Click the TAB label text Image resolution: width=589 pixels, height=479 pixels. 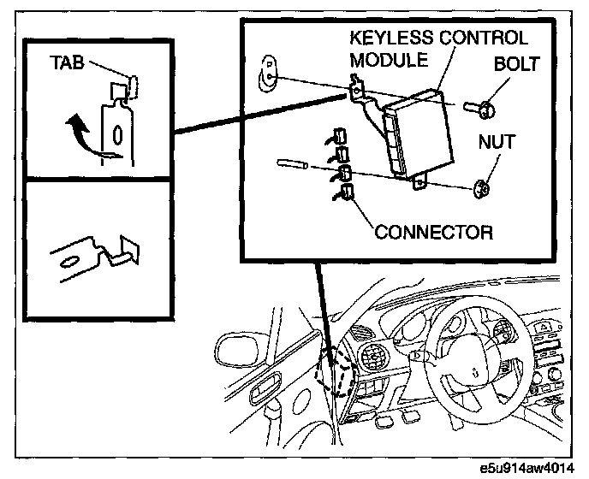coord(67,62)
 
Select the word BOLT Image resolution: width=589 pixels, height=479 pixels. coord(516,64)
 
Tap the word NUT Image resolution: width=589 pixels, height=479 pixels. coord(497,142)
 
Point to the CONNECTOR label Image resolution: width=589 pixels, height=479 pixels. coord(434,233)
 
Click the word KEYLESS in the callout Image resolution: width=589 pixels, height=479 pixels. coord(391,38)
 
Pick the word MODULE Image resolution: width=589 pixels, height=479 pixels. coord(389,60)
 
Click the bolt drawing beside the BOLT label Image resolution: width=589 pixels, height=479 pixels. coord(479,109)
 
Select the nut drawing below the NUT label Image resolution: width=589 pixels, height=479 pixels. coord(481,189)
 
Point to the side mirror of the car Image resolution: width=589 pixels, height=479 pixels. coord(240,350)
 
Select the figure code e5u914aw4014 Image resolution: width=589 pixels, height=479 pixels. coord(527,469)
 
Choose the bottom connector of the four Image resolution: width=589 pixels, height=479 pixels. coord(346,192)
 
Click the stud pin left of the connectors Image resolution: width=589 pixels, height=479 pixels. coord(293,164)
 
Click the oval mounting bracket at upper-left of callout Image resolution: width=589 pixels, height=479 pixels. coord(267,74)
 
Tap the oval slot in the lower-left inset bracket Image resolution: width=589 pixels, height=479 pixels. coord(69,262)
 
